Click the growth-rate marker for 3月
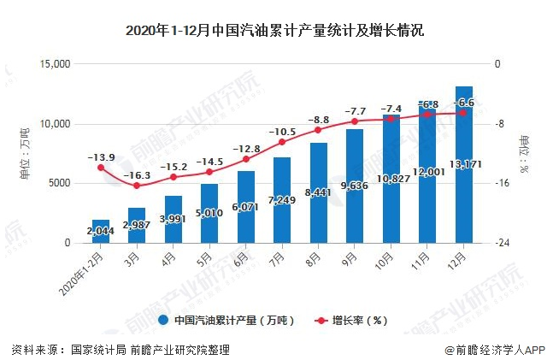coord(137,186)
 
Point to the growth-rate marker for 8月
coord(319,130)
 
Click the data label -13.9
coord(101,157)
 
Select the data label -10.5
coord(282,132)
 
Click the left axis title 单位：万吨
coord(24,153)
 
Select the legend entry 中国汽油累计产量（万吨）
coord(226,321)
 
